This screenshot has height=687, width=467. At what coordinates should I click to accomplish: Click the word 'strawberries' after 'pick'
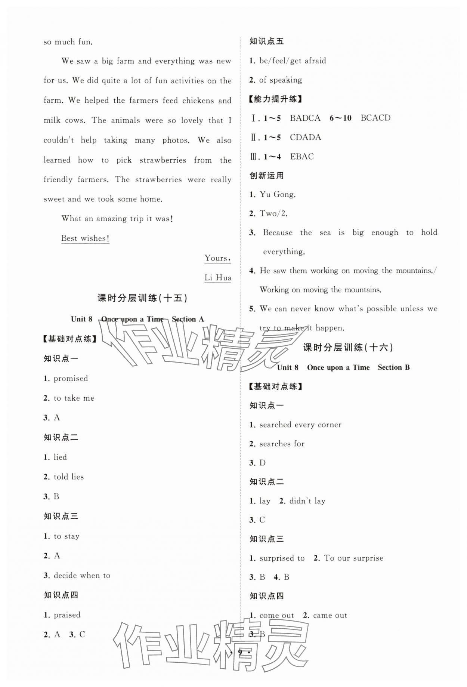(163, 160)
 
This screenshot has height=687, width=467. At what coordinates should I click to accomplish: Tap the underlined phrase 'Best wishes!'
(85, 238)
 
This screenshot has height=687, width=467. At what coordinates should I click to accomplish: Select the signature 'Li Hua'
(218, 278)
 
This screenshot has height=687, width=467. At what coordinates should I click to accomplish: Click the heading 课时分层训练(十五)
(142, 298)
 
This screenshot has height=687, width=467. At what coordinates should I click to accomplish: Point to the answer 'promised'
(71, 379)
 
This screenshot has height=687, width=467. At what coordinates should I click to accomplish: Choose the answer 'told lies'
(69, 477)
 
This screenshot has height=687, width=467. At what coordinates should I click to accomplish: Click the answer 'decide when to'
(82, 576)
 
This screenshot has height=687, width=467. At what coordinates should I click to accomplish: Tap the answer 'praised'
(67, 615)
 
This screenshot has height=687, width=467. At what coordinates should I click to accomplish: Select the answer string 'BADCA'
(305, 118)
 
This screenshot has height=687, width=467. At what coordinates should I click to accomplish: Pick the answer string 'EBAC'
(302, 157)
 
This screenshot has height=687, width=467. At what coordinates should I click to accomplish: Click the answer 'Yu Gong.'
(278, 194)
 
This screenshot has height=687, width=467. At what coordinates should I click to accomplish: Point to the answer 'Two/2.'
(273, 214)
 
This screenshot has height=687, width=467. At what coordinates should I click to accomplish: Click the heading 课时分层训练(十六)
(348, 348)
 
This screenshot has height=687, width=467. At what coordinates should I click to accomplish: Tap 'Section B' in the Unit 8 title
(393, 367)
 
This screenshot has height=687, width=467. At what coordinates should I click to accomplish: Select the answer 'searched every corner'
(300, 425)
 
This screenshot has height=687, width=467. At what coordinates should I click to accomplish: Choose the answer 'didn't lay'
(307, 501)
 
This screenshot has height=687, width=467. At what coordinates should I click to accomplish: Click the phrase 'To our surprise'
(353, 558)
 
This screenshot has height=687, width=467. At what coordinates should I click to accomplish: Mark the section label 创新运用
(266, 176)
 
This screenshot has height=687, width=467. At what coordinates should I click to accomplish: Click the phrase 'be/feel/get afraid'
(293, 61)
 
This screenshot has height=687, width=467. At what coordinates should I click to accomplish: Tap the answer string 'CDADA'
(305, 138)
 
